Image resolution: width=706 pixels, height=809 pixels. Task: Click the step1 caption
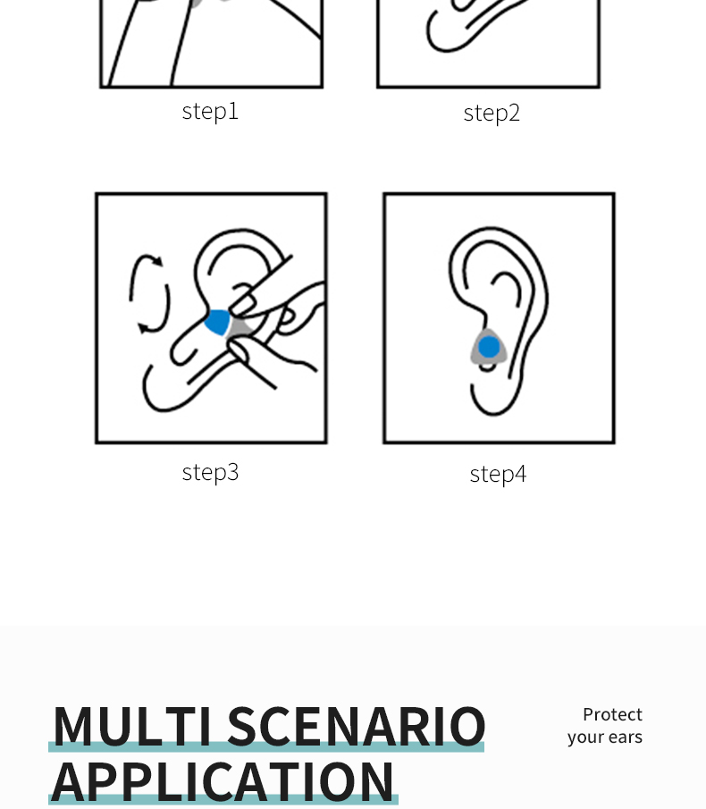(210, 112)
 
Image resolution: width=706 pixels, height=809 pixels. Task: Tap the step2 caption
(492, 114)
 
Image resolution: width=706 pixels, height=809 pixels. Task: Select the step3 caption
(210, 473)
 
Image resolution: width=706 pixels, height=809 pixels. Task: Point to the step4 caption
(498, 475)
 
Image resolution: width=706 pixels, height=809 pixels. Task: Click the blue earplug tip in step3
(217, 322)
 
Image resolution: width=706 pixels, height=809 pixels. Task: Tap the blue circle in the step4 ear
(489, 347)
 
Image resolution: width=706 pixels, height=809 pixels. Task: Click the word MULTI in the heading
(133, 726)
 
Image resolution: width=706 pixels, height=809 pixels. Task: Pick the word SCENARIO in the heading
(357, 726)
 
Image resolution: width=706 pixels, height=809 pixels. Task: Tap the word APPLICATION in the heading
(223, 781)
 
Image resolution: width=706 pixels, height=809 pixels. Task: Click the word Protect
(613, 714)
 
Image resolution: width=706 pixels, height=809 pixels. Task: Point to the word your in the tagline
(584, 737)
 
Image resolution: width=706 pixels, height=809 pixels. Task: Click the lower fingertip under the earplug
(239, 350)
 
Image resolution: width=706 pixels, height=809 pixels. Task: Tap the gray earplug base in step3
(240, 329)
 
